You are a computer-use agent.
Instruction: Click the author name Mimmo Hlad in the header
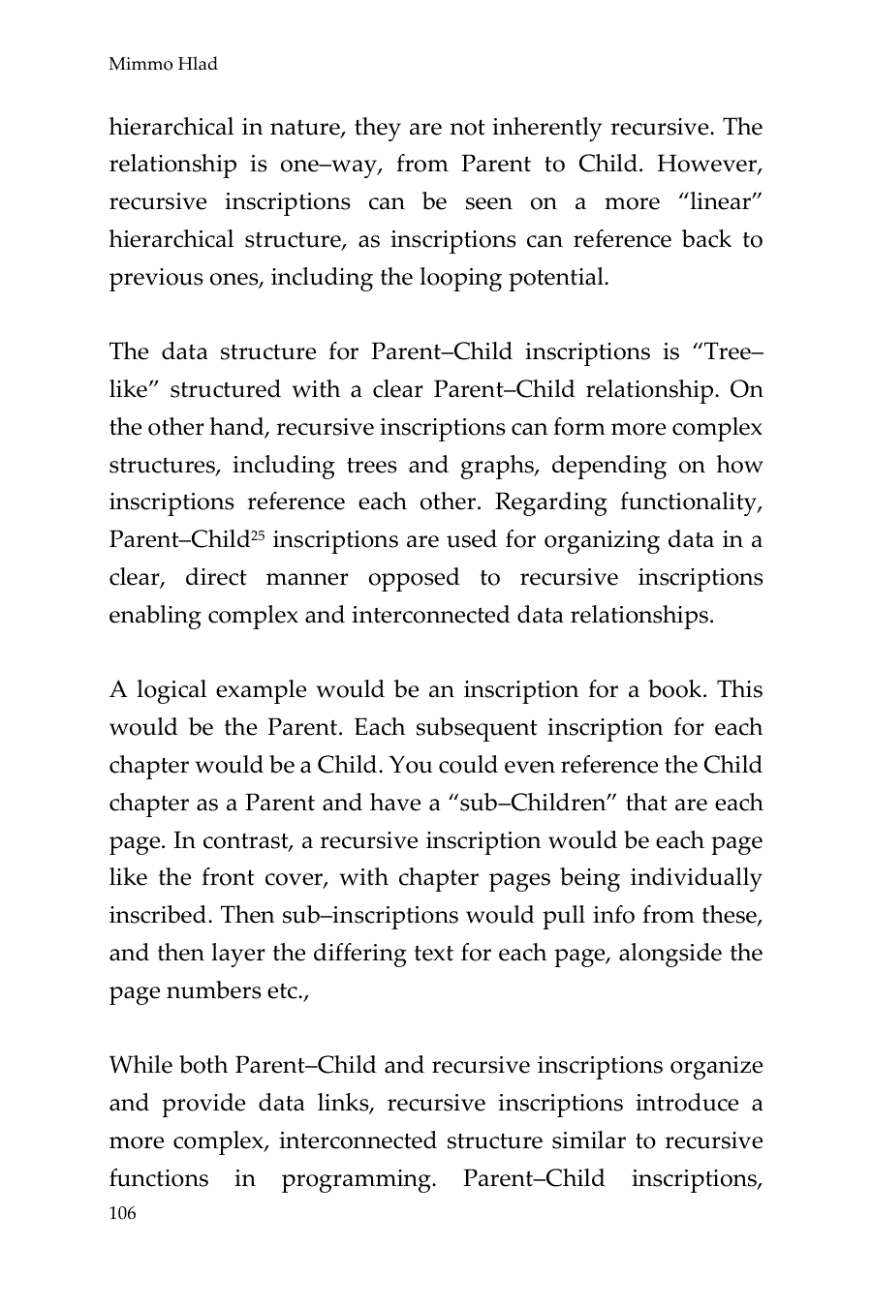click(x=163, y=65)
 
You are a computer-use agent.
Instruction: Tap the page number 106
click(x=123, y=1214)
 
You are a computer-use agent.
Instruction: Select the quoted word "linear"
click(x=714, y=201)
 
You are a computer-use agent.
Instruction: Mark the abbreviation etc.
click(x=287, y=991)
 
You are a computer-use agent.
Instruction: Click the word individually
click(x=696, y=878)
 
